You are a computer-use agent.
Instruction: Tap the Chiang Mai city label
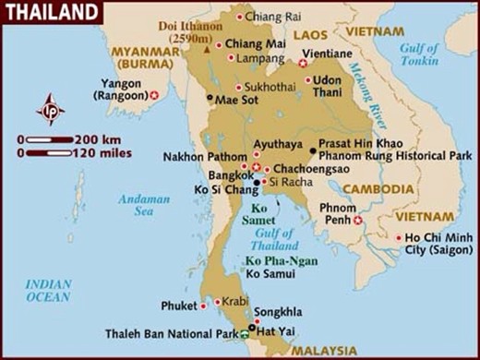click(253, 43)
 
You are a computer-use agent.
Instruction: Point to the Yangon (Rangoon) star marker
click(154, 95)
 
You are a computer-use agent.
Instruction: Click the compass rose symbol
click(50, 109)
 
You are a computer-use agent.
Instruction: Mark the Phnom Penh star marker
click(357, 221)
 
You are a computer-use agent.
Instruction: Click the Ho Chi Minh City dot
click(399, 238)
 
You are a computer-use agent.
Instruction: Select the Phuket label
click(178, 306)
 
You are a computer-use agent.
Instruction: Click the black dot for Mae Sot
click(210, 98)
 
